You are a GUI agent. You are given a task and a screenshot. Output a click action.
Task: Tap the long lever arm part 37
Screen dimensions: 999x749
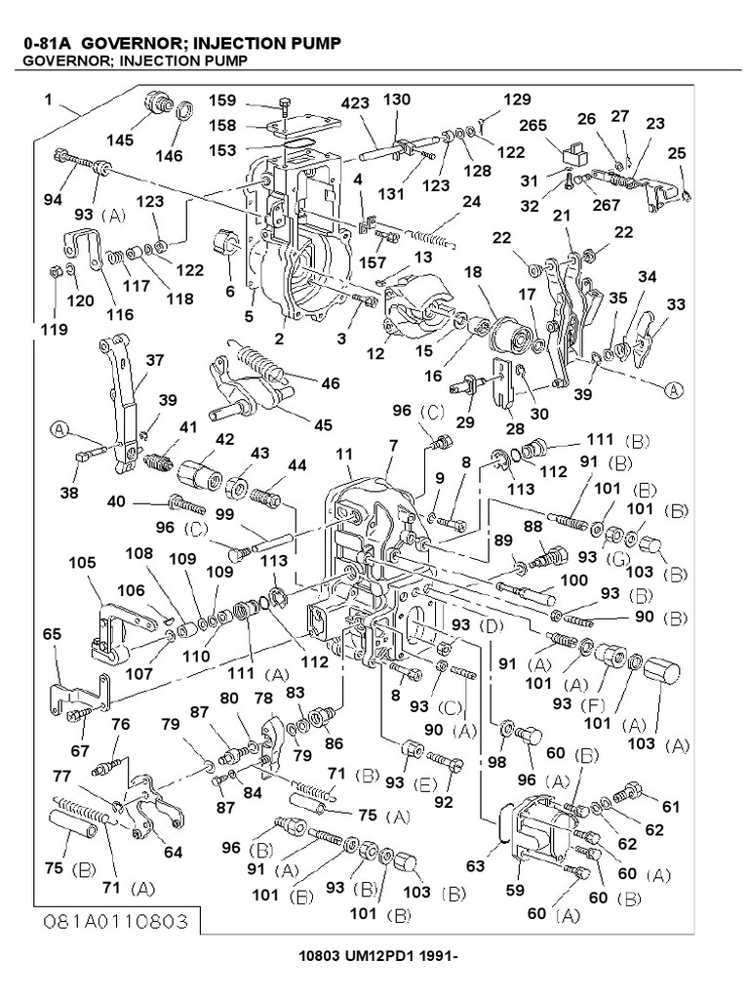(x=119, y=390)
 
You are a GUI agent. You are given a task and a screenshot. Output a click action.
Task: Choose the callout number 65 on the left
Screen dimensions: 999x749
(x=52, y=633)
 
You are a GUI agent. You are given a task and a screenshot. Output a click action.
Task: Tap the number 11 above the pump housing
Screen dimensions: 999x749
(x=344, y=455)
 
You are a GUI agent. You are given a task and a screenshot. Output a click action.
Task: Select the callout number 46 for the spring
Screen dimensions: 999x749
(x=332, y=384)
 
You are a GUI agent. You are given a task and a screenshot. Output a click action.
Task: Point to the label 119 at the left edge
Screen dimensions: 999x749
(x=55, y=330)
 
